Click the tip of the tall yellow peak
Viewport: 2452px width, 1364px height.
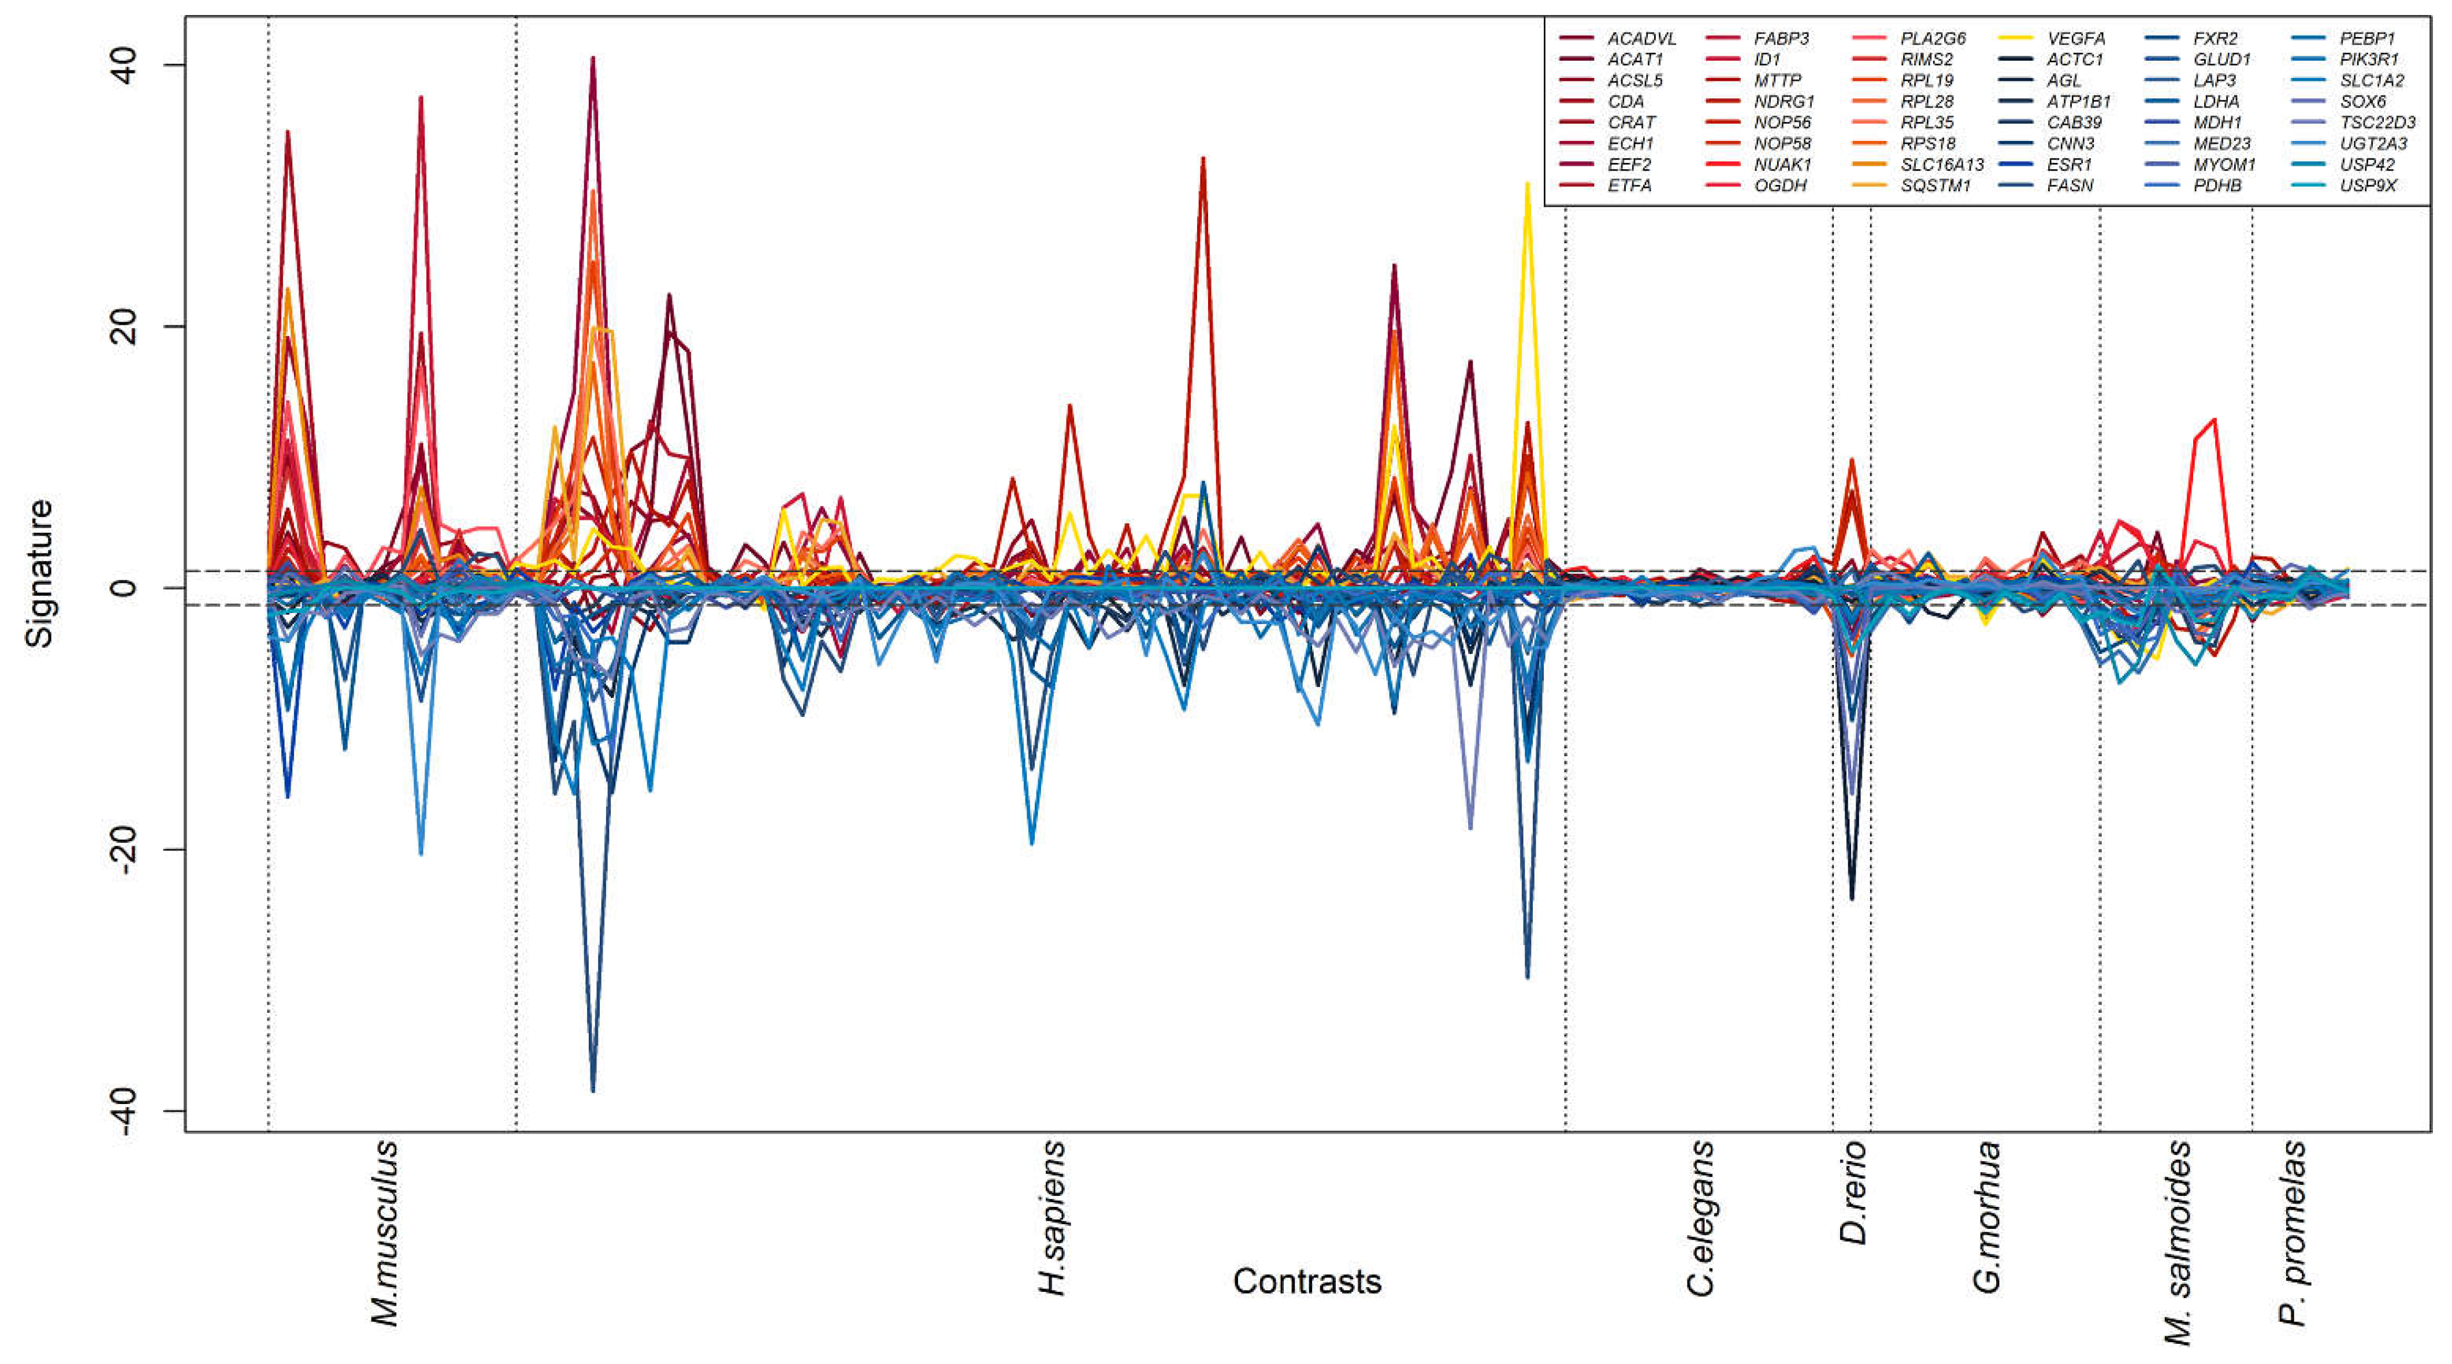1527,184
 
